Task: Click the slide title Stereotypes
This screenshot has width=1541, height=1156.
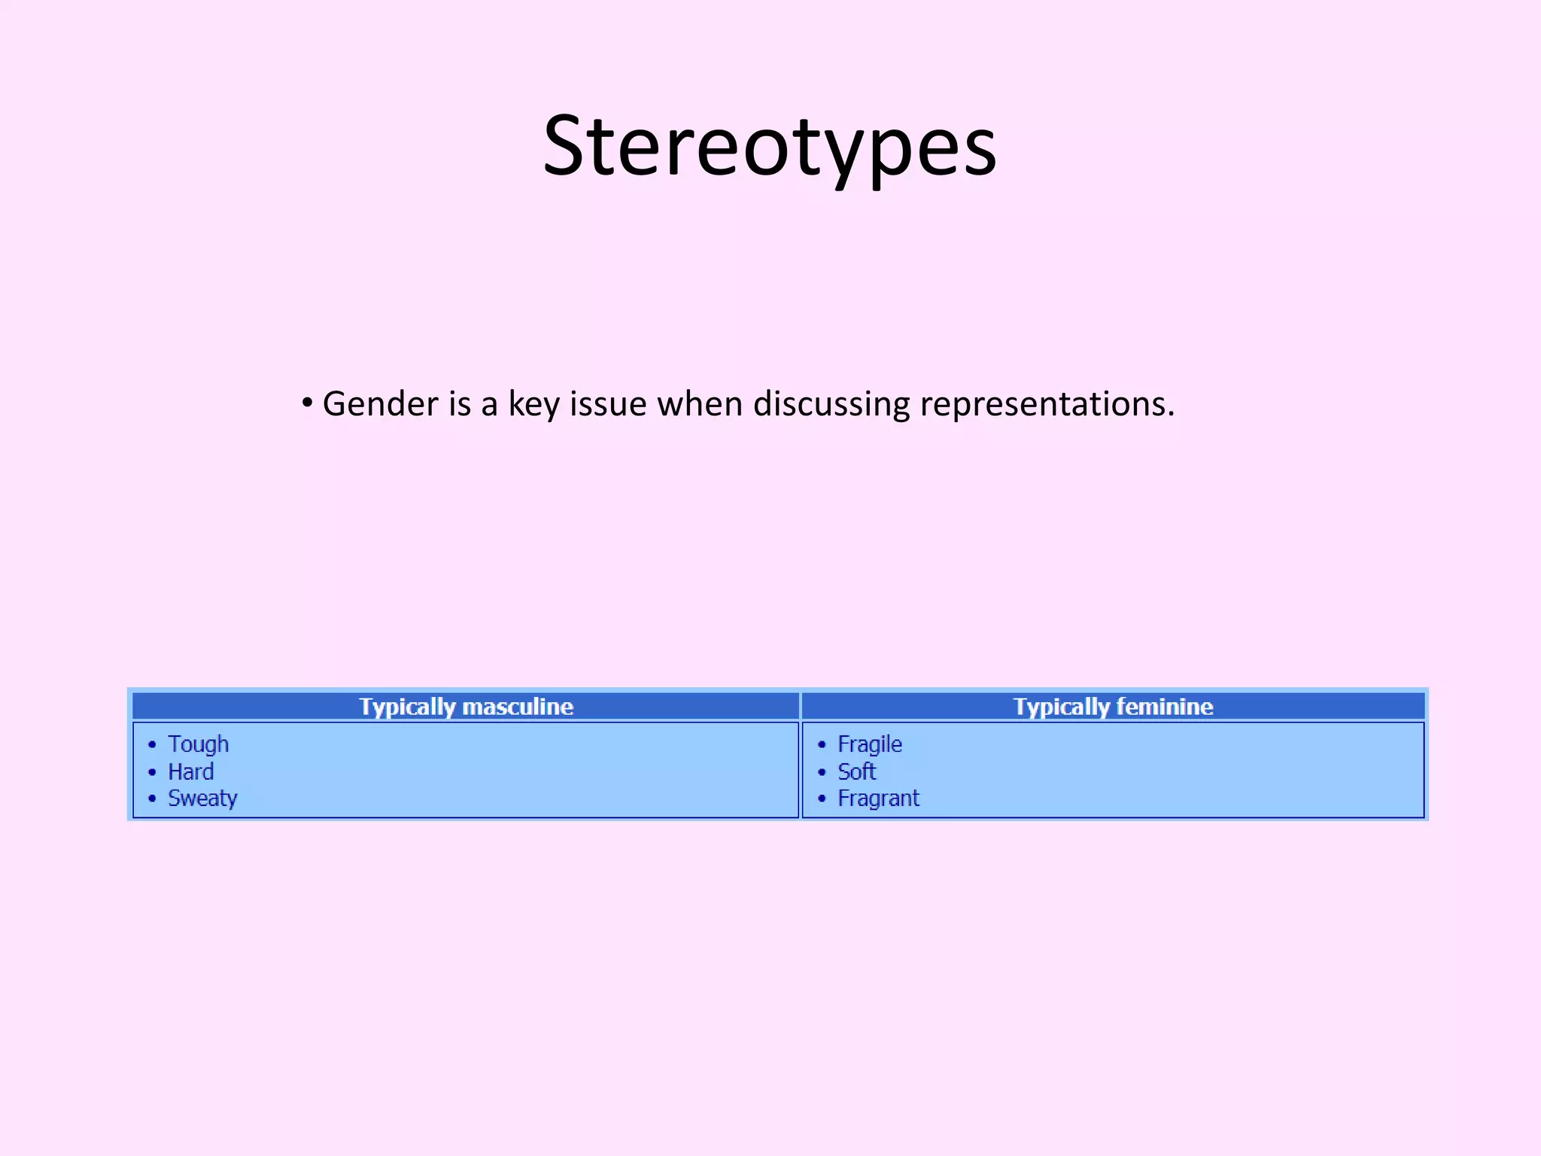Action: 769,146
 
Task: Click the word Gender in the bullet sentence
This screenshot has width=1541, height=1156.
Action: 380,405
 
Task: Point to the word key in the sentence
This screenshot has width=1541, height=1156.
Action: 533,405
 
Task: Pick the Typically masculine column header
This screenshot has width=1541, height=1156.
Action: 466,707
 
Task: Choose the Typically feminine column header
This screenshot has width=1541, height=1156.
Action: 1113,707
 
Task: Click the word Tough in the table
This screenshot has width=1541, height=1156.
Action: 198,744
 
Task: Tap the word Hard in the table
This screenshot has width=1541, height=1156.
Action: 190,771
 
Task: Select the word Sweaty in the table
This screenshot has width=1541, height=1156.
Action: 202,799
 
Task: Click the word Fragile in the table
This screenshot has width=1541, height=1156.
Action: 869,744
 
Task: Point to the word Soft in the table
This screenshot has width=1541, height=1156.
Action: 856,771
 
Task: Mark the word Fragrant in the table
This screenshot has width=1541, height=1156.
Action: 878,799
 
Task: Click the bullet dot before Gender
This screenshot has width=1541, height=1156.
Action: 306,403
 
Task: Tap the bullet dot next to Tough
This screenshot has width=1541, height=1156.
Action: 152,745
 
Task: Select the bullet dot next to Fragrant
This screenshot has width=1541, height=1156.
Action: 822,799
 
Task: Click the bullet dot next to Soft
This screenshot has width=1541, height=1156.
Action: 822,772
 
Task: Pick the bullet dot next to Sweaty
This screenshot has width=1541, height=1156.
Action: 152,799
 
